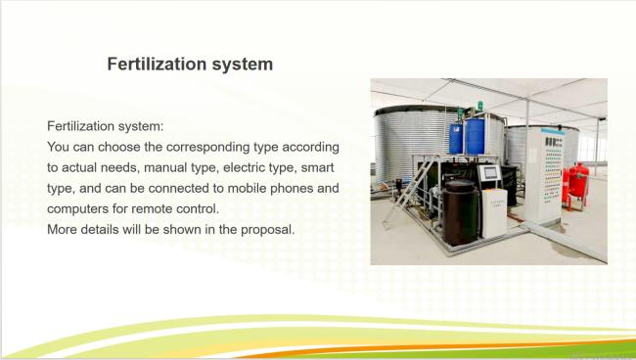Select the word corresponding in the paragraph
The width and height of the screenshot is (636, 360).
click(x=207, y=147)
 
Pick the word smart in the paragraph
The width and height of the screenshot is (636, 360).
click(x=318, y=167)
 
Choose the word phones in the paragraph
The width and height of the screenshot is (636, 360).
click(x=292, y=189)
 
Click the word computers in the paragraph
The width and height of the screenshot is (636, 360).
click(x=75, y=209)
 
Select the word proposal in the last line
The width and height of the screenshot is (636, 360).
click(x=268, y=230)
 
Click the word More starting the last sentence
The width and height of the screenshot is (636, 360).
click(x=62, y=230)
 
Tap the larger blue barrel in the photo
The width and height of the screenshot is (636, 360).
click(x=475, y=136)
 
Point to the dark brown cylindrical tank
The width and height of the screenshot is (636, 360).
click(x=460, y=212)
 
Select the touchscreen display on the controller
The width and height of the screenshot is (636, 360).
click(x=490, y=173)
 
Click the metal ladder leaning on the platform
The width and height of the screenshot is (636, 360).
click(x=409, y=192)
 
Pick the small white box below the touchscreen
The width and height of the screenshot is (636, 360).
click(x=494, y=212)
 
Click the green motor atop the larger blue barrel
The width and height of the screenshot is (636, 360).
click(x=479, y=108)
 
